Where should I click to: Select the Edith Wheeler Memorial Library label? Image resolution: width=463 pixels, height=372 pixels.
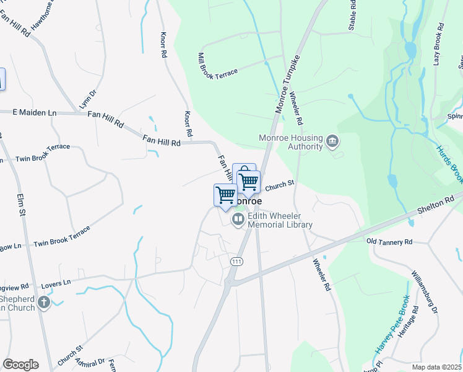(280, 221)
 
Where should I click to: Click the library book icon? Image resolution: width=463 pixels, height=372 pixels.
(238, 219)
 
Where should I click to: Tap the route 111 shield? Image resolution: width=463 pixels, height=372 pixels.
(235, 262)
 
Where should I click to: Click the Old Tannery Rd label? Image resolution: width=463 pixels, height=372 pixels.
(389, 241)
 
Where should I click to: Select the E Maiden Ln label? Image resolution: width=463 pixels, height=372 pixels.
(35, 112)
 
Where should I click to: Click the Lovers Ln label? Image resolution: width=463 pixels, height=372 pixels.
(56, 283)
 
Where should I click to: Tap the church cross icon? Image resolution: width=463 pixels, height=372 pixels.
(43, 302)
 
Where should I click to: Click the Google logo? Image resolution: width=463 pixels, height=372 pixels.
(20, 365)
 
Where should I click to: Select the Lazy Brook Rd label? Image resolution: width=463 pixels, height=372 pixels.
(439, 45)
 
